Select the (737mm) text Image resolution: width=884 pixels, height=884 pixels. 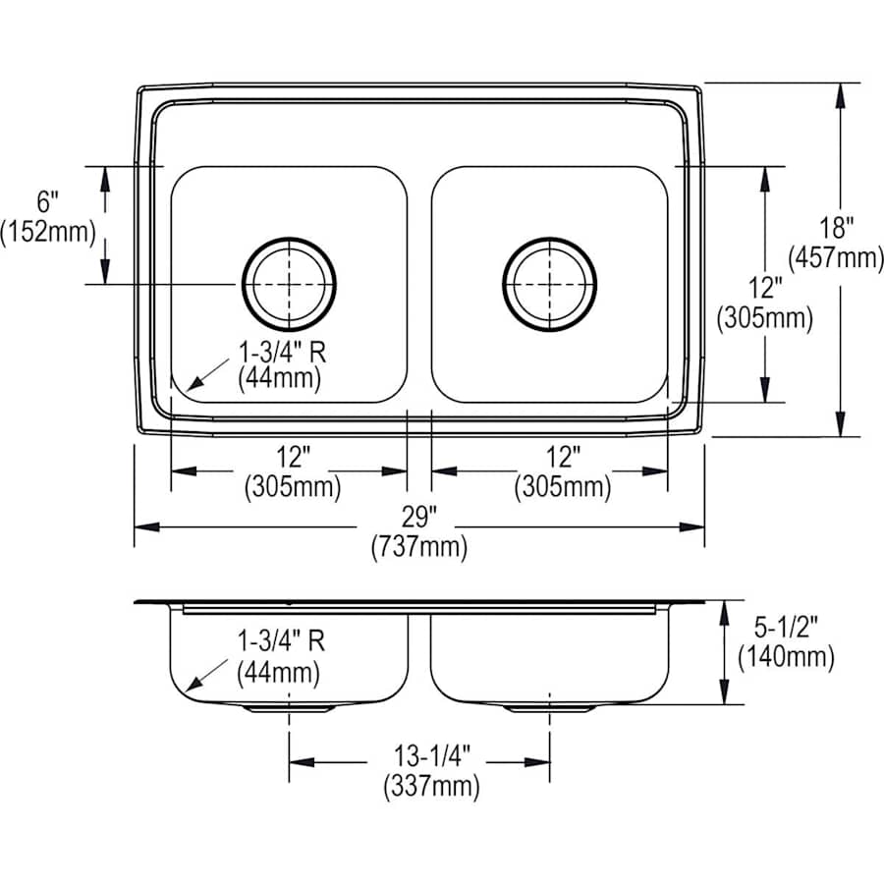tap(418, 548)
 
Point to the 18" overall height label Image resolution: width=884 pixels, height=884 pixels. tap(837, 229)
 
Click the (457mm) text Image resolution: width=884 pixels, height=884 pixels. tap(837, 257)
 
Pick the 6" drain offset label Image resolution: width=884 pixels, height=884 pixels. tap(48, 202)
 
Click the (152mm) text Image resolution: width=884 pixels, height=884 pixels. tap(48, 232)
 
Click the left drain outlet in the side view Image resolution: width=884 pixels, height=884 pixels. tap(289, 707)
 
